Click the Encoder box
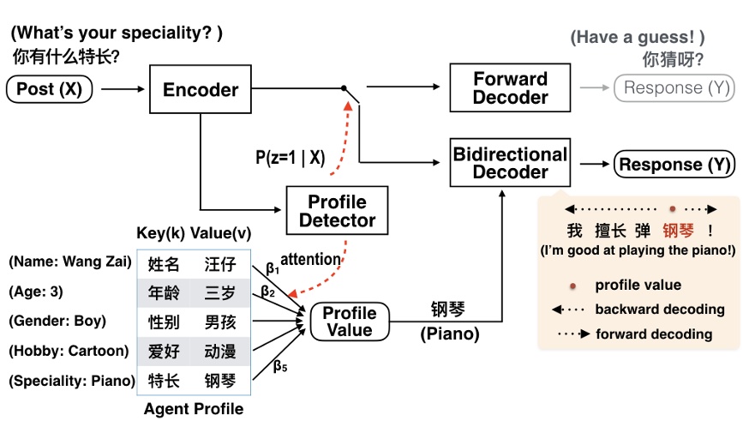pos(201,89)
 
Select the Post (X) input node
pos(52,88)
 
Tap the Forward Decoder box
pos(510,88)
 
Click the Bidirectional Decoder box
pos(510,162)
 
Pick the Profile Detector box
pos(337,211)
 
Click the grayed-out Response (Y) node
pos(674,88)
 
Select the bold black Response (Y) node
pos(673,165)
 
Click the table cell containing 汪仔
pos(219,264)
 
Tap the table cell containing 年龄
pos(164,293)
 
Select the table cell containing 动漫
pos(219,351)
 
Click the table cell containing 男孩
pos(219,322)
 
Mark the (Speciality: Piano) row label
pos(72,381)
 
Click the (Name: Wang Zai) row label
pos(70,262)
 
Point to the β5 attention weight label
pos(280,366)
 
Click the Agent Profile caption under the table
pos(193,409)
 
